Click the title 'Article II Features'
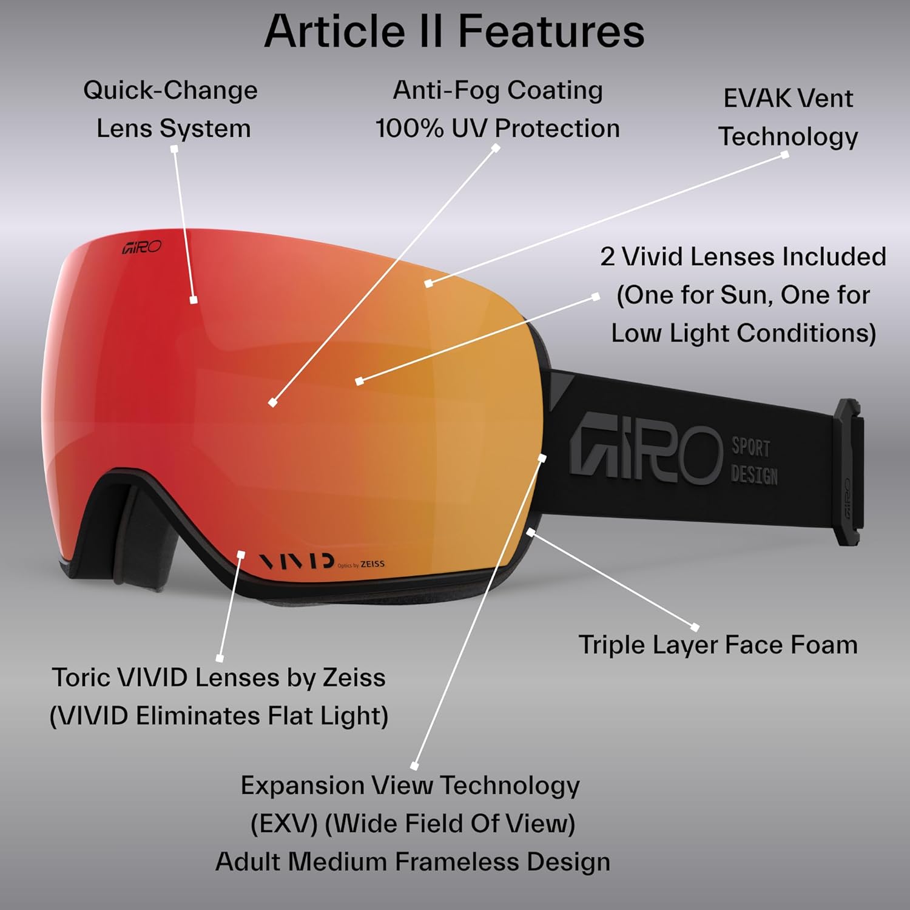[x=454, y=32]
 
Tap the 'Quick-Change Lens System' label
[x=171, y=109]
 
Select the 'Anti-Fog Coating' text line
[x=497, y=90]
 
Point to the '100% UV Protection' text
[x=497, y=129]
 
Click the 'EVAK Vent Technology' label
[x=788, y=117]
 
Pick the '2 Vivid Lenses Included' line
[x=743, y=257]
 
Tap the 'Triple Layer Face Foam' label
[x=718, y=645]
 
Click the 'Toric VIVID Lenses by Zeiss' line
[x=218, y=678]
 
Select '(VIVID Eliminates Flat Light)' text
[x=218, y=716]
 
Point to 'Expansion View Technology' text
[x=410, y=786]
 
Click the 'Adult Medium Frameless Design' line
[x=413, y=862]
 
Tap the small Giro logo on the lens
[x=141, y=247]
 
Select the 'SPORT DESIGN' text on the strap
[x=754, y=461]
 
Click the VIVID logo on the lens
[x=297, y=561]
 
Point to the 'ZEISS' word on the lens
[x=372, y=564]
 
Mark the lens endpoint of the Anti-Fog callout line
[x=273, y=402]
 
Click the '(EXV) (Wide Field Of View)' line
[x=413, y=824]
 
